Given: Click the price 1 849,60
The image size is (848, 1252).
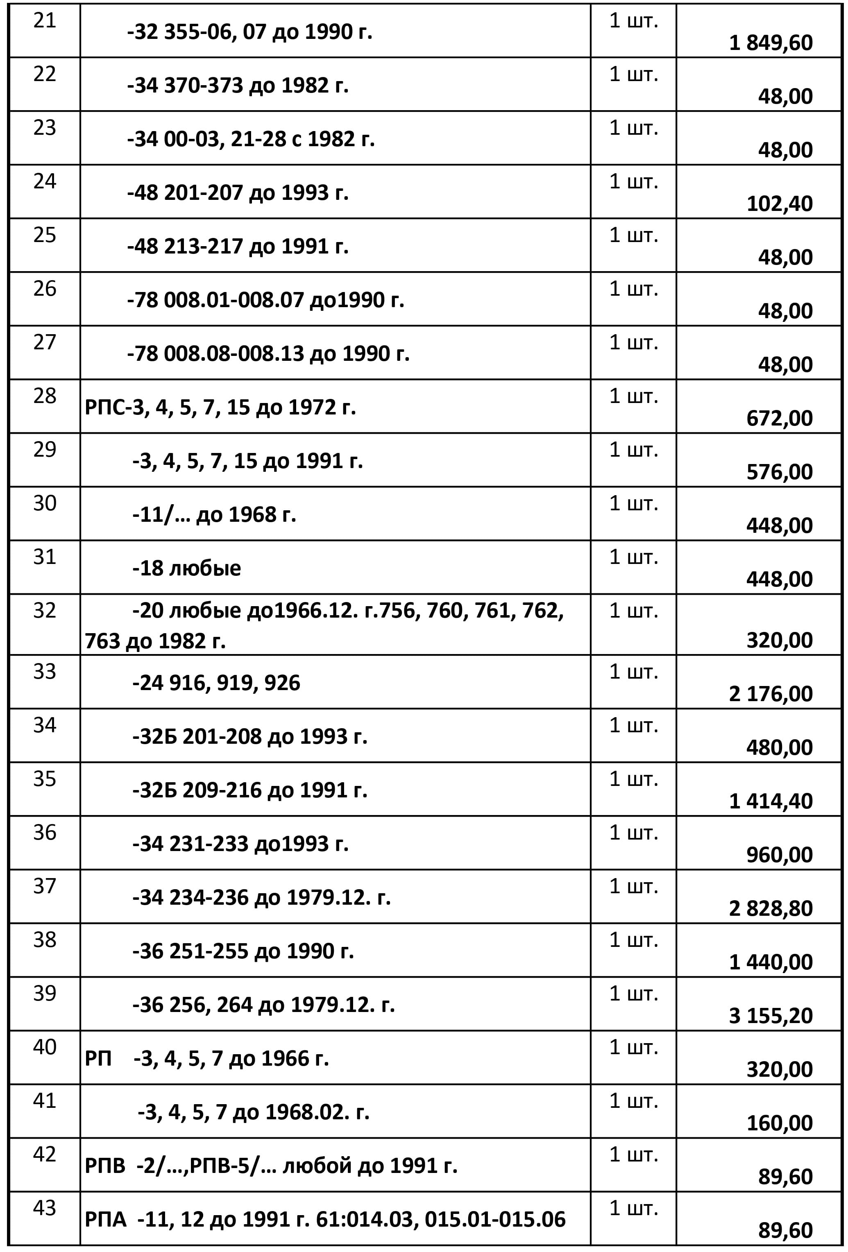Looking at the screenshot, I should [771, 43].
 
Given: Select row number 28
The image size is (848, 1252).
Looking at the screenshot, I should [44, 396].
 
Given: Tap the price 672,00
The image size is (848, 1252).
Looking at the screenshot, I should [779, 418].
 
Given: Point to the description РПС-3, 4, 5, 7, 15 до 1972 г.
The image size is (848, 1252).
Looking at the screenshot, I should [220, 407].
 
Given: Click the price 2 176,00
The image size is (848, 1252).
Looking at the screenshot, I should [771, 694].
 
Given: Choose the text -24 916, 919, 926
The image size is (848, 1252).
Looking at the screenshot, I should [216, 683].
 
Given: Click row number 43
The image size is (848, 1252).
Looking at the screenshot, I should [44, 1208].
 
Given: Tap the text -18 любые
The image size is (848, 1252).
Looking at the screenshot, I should [186, 568].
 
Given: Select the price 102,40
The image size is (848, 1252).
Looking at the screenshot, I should [779, 204].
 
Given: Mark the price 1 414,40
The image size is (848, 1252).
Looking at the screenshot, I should [771, 801].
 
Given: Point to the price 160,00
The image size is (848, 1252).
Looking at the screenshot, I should [779, 1123].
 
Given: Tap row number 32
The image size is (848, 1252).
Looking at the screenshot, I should [44, 610].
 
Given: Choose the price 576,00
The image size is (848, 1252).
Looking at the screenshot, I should [779, 472].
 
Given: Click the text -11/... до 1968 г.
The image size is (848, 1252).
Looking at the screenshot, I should [214, 514].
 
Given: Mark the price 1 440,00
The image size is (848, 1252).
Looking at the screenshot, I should [771, 962].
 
